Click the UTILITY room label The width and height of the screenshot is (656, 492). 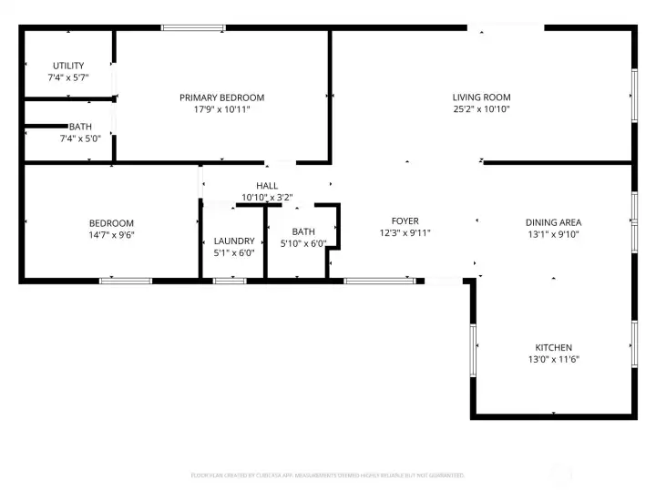tap(67, 66)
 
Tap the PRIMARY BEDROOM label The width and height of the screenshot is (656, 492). tap(221, 97)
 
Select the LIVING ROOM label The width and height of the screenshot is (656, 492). tap(481, 97)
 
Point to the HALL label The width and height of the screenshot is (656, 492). tap(267, 186)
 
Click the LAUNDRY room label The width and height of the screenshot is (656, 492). tap(234, 241)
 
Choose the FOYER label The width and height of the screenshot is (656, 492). tap(405, 221)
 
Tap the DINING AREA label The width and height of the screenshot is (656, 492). tap(553, 222)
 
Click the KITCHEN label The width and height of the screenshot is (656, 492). tap(553, 348)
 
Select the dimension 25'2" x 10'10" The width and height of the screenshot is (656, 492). tap(481, 109)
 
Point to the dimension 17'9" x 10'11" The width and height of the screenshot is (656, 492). tap(221, 109)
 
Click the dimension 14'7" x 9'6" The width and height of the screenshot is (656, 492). tap(111, 235)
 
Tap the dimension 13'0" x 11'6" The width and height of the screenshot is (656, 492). tap(553, 360)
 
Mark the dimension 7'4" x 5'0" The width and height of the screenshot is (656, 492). tap(67, 138)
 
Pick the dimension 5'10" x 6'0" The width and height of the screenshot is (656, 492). tap(303, 243)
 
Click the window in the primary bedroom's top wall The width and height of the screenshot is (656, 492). tap(193, 27)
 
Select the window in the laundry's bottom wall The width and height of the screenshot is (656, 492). tap(229, 281)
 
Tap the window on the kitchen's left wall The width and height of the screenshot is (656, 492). tap(472, 350)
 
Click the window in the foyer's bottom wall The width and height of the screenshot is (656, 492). tap(379, 281)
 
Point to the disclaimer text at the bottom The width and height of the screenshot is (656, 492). tap(327, 476)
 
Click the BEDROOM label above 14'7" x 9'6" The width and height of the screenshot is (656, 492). tap(111, 223)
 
